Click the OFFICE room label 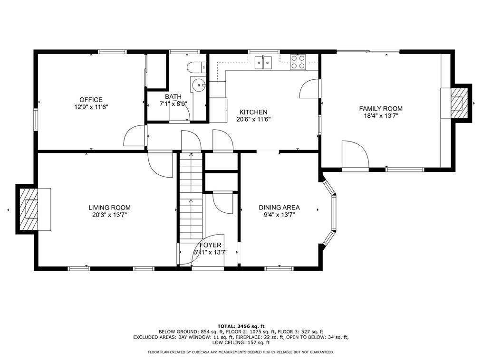[91, 100]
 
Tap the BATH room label [173, 97]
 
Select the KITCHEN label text [253, 112]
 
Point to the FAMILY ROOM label [381, 108]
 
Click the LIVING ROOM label [109, 208]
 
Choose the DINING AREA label [279, 208]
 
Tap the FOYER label [210, 245]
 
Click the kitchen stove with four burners [298, 62]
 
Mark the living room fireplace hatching [28, 209]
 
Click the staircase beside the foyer [191, 196]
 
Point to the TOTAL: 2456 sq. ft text [241, 326]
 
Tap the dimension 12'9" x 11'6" [91, 107]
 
